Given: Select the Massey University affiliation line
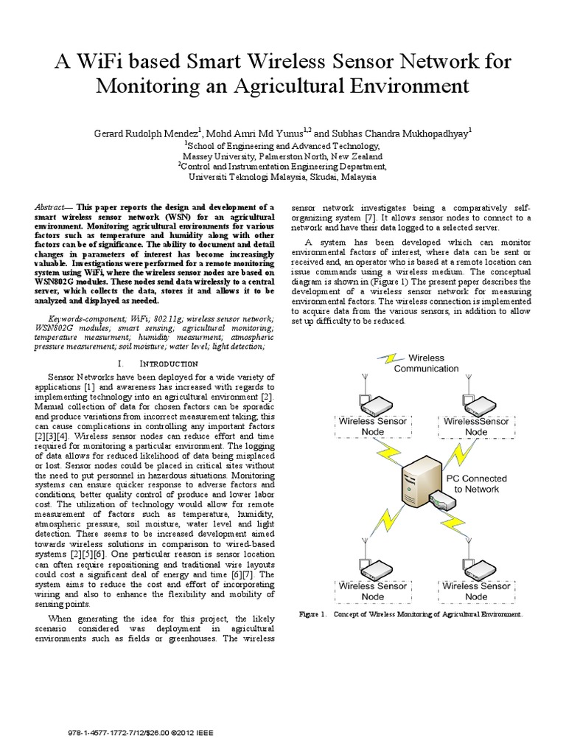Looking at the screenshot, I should tap(283, 157).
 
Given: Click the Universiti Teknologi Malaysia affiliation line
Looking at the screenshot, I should tap(283, 178).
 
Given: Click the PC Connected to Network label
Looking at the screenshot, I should tap(475, 483).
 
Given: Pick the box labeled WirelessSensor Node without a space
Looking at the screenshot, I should tap(476, 426).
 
